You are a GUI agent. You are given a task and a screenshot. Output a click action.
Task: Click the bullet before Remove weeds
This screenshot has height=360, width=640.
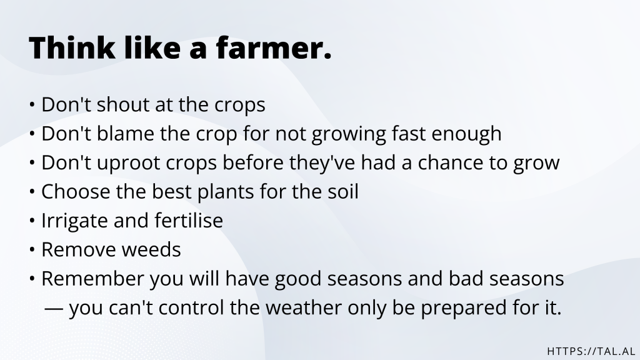coord(32,251)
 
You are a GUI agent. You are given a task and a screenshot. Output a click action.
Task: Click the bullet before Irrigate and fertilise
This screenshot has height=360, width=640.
coord(32,221)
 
